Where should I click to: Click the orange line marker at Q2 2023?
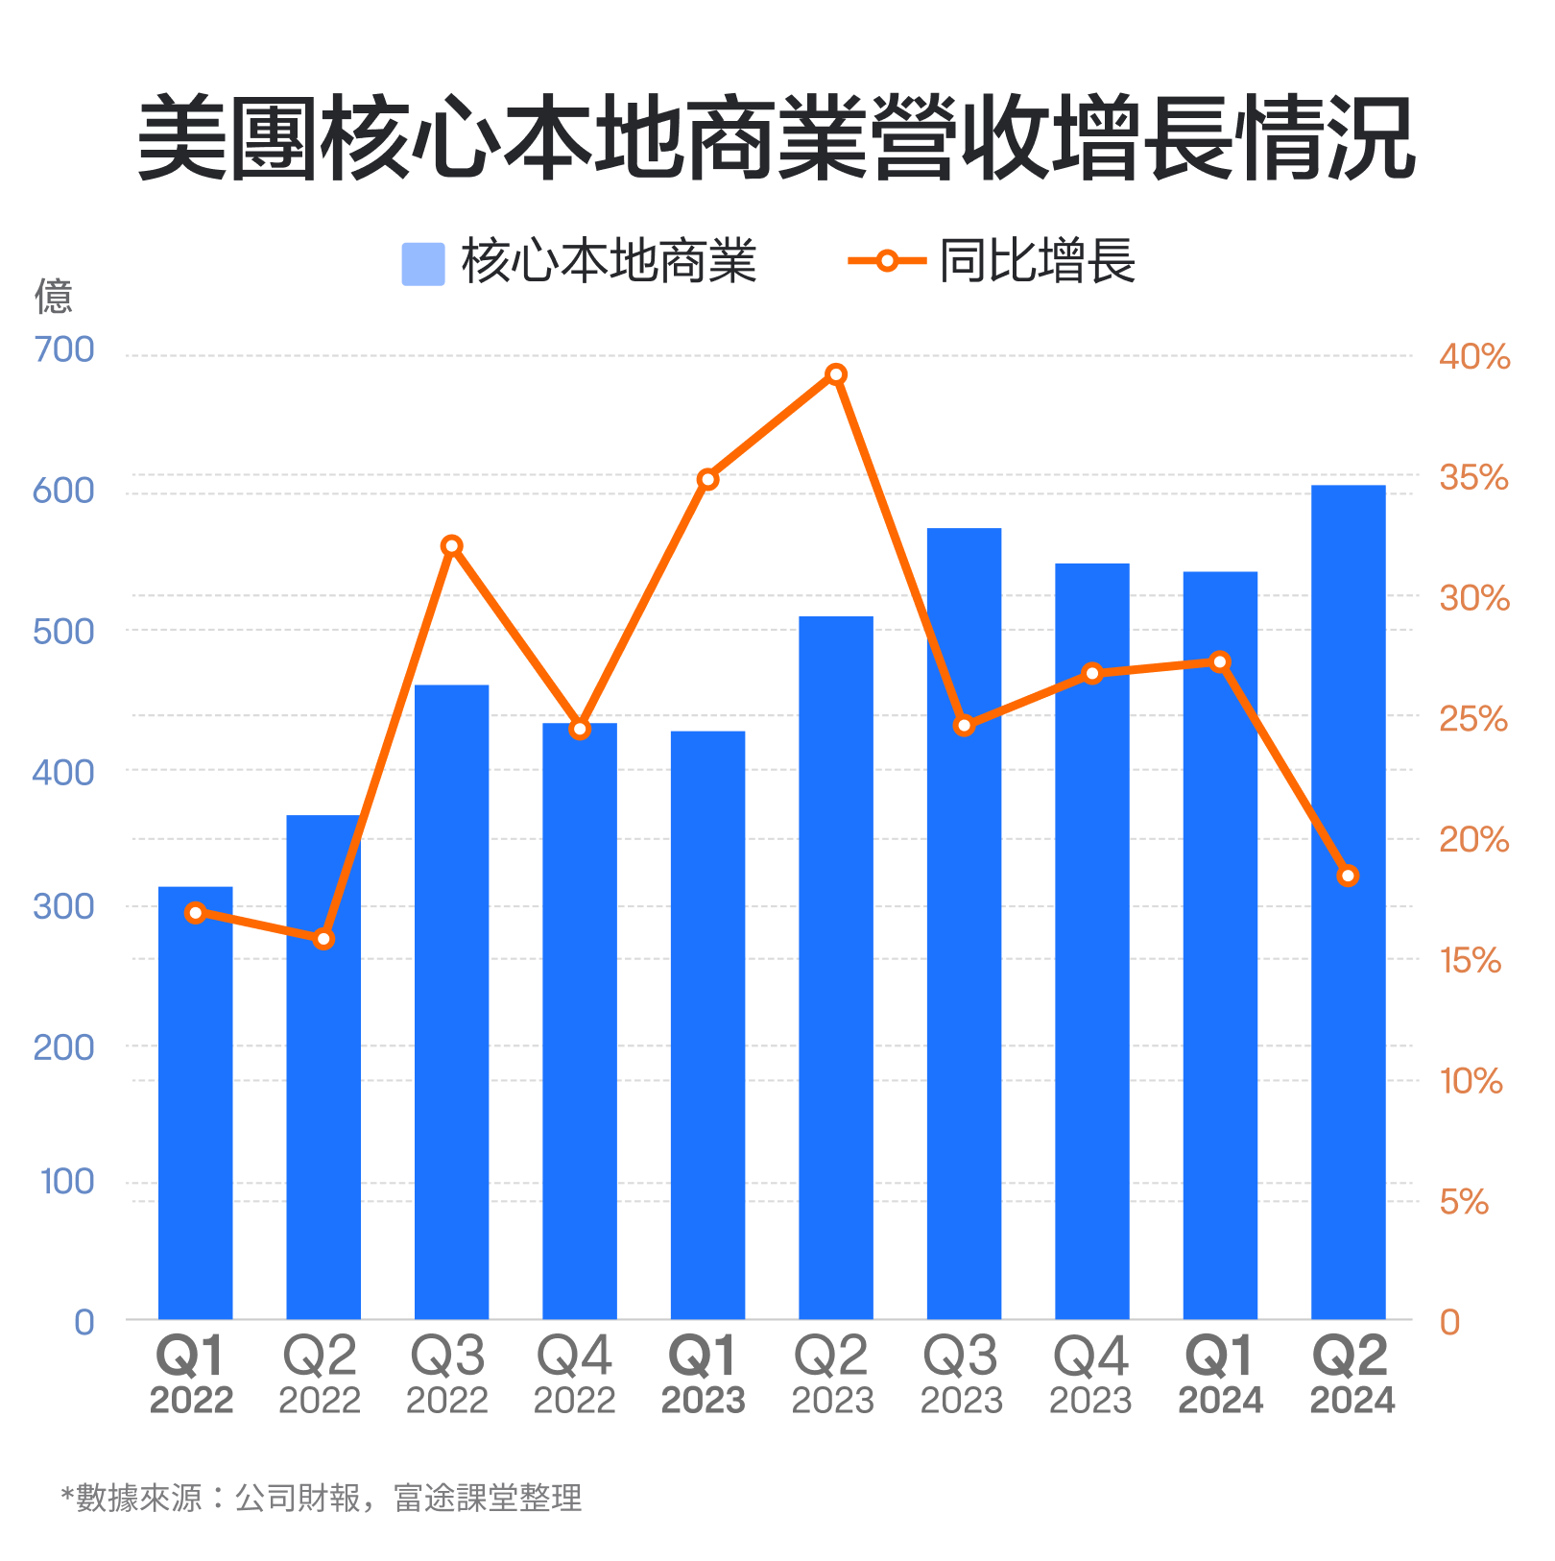[x=836, y=374]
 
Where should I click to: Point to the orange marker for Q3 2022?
[x=452, y=546]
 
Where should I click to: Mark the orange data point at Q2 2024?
[x=1348, y=876]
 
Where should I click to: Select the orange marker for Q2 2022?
[x=324, y=939]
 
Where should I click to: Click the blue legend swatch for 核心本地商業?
[x=423, y=264]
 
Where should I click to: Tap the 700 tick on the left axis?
[x=64, y=350]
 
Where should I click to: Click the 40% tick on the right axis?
[x=1473, y=357]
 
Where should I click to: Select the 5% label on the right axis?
[x=1463, y=1202]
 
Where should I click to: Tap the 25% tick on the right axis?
[x=1473, y=719]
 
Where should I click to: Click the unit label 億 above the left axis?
[x=54, y=297]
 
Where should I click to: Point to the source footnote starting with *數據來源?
[x=322, y=1498]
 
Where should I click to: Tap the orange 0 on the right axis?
[x=1449, y=1323]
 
